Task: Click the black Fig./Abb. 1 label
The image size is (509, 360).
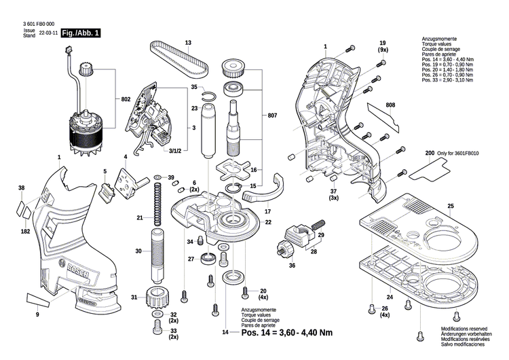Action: (81, 33)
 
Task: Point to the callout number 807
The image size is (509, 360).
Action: (272, 115)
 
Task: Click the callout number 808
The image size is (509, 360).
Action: (390, 105)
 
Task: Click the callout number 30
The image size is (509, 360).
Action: (138, 251)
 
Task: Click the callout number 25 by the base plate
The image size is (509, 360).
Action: (449, 206)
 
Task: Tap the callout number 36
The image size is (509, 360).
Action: (292, 266)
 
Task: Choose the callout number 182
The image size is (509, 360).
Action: (25, 232)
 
